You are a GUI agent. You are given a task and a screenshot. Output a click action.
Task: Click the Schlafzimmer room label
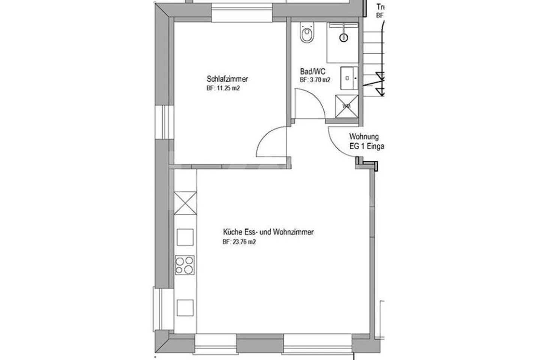227,79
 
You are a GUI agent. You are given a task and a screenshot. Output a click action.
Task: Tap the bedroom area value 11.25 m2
223,89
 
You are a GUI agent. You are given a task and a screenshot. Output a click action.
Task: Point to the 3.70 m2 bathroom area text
315,80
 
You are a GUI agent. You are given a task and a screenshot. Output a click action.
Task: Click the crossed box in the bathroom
347,106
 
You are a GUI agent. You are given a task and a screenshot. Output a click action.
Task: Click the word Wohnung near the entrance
364,137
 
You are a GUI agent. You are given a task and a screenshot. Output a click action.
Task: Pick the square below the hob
185,308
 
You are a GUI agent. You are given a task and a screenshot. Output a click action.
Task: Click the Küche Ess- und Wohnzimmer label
268,232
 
